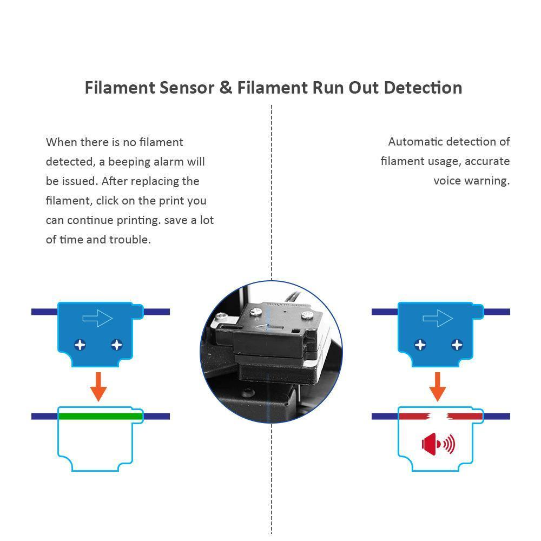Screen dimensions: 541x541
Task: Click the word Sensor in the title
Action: pos(186,88)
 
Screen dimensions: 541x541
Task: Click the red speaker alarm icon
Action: pos(438,445)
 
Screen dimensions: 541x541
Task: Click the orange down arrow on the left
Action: pos(98,386)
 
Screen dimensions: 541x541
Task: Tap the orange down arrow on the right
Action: pos(437,386)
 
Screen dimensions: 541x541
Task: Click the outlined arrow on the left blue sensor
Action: pos(97,319)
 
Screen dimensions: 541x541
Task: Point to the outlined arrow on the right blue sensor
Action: pos(437,319)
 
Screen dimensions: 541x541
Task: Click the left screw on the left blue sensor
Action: pos(80,344)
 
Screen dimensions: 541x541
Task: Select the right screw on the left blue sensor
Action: pos(116,344)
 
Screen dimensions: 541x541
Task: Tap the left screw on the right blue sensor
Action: pos(420,344)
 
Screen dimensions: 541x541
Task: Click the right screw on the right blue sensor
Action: pos(457,344)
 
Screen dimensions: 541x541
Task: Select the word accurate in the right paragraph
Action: pos(487,161)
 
